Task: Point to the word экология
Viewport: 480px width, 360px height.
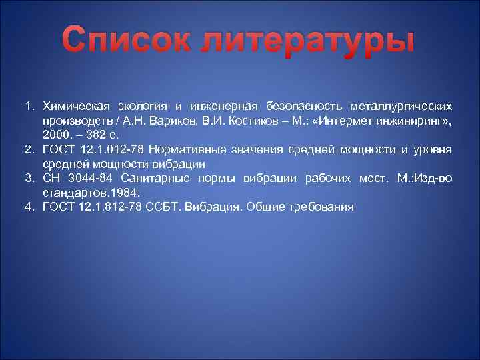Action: [x=144, y=106]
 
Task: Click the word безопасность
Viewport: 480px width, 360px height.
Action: [x=303, y=106]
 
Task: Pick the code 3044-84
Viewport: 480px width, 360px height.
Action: [x=82, y=178]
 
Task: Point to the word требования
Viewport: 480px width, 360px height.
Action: [x=321, y=207]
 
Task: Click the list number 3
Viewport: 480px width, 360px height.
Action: [x=29, y=178]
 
